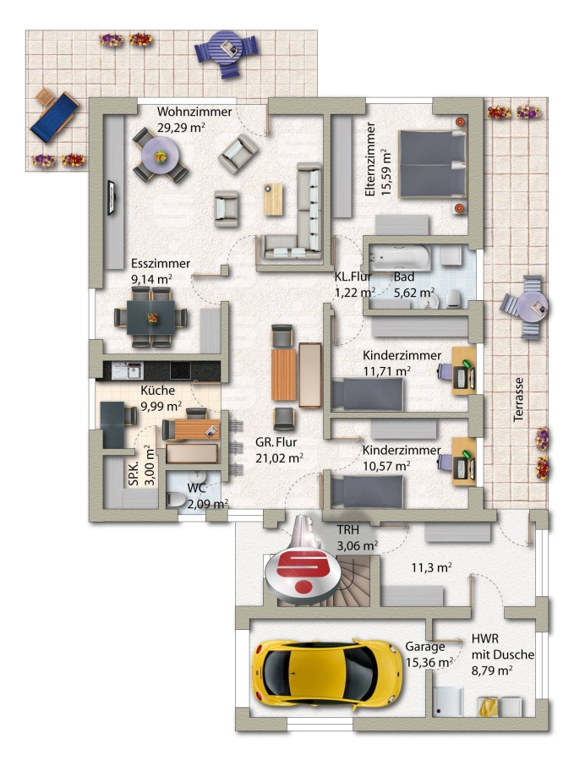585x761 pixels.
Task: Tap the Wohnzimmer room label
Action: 194,112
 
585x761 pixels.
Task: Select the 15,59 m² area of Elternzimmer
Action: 386,172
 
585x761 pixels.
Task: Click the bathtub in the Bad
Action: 399,257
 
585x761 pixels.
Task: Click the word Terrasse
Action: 518,399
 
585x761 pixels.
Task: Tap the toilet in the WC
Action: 176,499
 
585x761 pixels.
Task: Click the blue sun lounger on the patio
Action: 54,117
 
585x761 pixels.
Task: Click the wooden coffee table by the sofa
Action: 273,199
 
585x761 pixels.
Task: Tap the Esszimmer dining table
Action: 150,317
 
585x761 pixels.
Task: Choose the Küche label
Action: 157,390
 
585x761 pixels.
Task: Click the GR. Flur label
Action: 276,442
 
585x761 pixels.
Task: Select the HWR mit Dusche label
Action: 502,647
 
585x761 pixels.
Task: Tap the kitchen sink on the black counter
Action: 127,371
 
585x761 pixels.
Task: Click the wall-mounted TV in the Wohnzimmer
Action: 111,197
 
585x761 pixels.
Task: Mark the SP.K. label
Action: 134,474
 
